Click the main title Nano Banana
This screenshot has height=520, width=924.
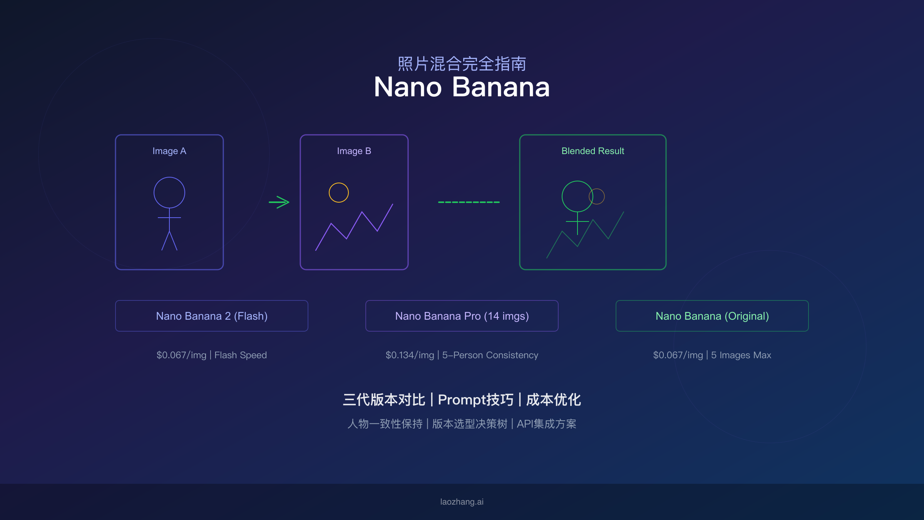(462, 87)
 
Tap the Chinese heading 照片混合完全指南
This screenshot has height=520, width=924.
(462, 64)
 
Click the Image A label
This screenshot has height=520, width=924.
(169, 151)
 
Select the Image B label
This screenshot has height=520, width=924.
(354, 151)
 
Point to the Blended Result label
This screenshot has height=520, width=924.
(593, 151)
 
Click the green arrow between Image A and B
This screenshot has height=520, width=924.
(279, 202)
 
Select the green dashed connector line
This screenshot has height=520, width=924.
(469, 202)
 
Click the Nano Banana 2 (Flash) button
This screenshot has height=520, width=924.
(211, 316)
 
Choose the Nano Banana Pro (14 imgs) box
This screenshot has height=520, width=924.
(462, 316)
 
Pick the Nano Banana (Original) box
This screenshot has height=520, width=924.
(712, 316)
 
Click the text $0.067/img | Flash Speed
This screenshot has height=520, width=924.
(211, 355)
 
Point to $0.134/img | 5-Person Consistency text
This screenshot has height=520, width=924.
(462, 355)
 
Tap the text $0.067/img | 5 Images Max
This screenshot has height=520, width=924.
(712, 355)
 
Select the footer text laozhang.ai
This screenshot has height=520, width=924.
(462, 502)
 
